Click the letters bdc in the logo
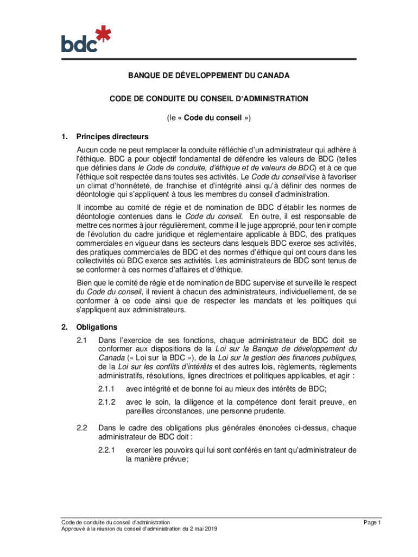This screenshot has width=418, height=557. [78, 43]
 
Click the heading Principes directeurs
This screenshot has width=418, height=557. [112, 137]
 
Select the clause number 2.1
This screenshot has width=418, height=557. [82, 339]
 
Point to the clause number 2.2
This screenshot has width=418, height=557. [82, 428]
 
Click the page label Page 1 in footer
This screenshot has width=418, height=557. [373, 523]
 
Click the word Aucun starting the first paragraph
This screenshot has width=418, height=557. [88, 150]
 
